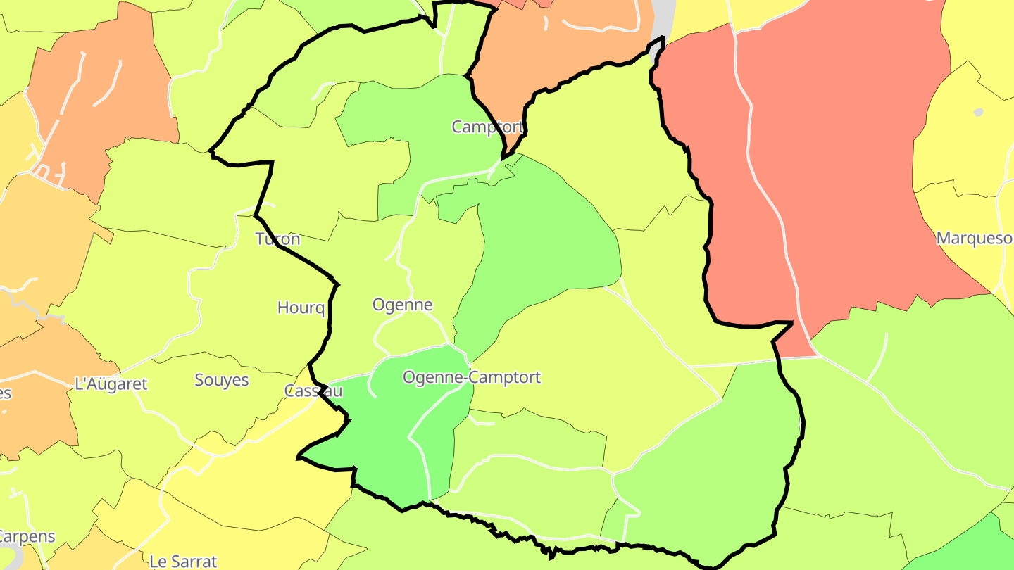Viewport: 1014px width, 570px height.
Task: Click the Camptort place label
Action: pos(487,127)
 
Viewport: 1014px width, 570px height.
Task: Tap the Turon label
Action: pos(277,239)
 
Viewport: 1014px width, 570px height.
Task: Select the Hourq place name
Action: pos(301,308)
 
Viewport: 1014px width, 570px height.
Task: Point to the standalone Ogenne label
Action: pos(402,305)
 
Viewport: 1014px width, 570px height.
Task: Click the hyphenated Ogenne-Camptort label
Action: pos(471,377)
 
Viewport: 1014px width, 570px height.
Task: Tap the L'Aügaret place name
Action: pos(111,384)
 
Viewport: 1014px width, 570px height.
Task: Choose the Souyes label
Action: pos(221,380)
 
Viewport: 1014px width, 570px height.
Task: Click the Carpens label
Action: pos(27,536)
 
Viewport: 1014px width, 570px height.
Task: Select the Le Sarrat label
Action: pos(183,562)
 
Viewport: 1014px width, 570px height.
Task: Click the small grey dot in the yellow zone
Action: pos(978,112)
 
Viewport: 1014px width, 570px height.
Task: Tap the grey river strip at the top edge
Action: pos(663,18)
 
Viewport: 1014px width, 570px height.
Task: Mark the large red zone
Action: pos(859,176)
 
